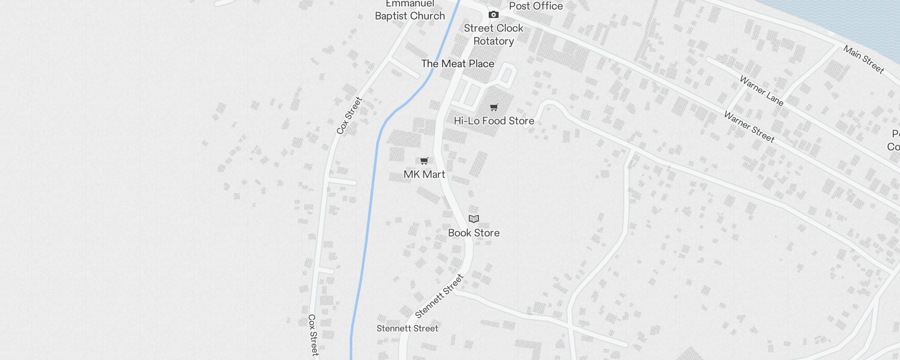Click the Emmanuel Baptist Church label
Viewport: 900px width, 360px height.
point(409,11)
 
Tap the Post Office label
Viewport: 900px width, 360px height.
point(535,6)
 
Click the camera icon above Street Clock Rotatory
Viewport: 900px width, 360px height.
point(494,15)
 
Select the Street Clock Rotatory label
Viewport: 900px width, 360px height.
point(494,35)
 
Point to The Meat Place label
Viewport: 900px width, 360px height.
point(458,64)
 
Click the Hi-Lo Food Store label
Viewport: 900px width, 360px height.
point(494,121)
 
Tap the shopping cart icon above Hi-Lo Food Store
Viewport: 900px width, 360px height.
point(494,108)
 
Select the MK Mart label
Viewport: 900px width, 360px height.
point(424,174)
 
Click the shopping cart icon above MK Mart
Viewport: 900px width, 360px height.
point(424,161)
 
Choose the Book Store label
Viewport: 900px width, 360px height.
point(473,233)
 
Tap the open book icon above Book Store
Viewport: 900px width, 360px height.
point(473,219)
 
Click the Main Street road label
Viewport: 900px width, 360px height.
point(864,59)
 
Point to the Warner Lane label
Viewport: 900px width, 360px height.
point(761,91)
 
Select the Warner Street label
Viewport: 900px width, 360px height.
point(749,127)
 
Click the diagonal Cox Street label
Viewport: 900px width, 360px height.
point(349,116)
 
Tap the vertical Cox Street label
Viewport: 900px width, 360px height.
point(313,335)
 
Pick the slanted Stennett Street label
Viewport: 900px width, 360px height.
point(439,296)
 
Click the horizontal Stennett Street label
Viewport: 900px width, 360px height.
point(407,328)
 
